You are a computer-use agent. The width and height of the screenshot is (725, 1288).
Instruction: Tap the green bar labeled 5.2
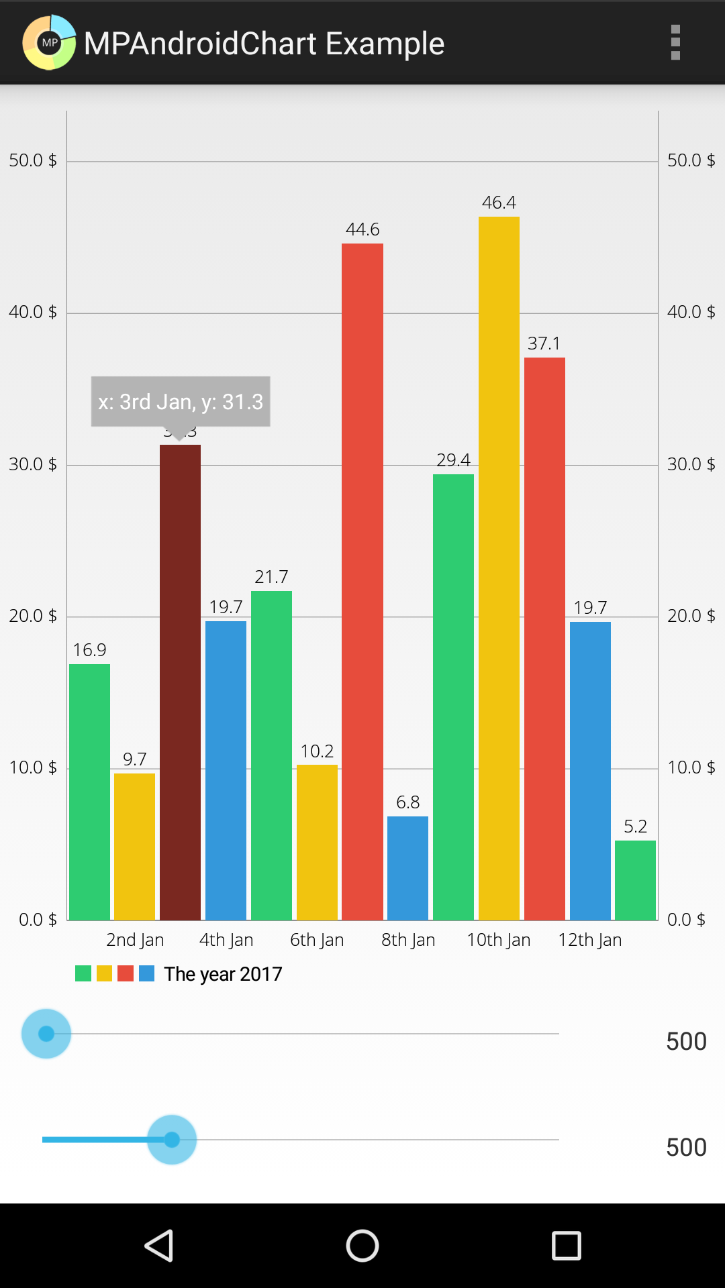coord(635,879)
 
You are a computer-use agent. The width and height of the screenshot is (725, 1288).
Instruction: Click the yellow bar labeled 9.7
coord(134,846)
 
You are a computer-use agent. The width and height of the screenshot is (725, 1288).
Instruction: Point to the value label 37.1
coord(544,343)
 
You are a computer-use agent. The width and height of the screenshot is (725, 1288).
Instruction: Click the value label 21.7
coord(271,577)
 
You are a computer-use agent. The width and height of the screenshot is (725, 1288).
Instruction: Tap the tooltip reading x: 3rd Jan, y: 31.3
coord(181,401)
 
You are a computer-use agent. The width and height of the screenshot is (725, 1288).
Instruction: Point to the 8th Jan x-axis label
coord(408,940)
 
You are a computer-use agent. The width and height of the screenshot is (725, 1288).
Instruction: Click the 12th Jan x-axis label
coord(590,940)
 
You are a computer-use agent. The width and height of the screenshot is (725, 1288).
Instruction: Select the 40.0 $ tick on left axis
coord(33,312)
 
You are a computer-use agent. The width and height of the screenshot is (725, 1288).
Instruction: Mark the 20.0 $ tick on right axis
coord(691,616)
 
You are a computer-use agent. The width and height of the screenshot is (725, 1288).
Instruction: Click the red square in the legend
coord(126,973)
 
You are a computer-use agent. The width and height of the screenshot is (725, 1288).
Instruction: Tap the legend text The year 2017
coord(223,974)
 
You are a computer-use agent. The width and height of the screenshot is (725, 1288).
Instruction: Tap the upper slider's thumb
coord(46,1034)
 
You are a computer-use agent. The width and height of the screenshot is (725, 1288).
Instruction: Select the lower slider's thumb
coord(172,1140)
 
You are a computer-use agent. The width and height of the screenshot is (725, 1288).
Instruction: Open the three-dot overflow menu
coord(675,42)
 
